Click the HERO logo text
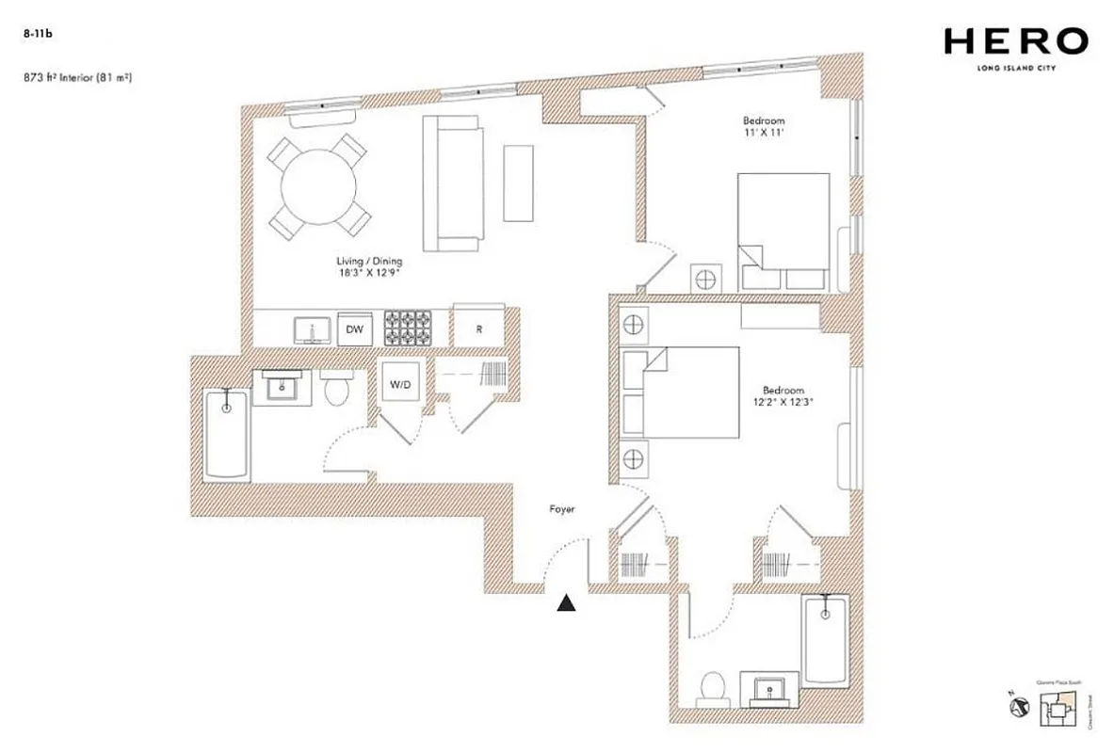[1016, 41]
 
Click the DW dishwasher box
[355, 330]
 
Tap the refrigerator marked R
[479, 329]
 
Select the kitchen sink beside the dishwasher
[311, 329]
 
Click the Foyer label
[562, 509]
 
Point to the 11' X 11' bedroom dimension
[763, 135]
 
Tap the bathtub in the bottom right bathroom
[826, 640]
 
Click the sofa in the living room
[452, 184]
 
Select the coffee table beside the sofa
[518, 183]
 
